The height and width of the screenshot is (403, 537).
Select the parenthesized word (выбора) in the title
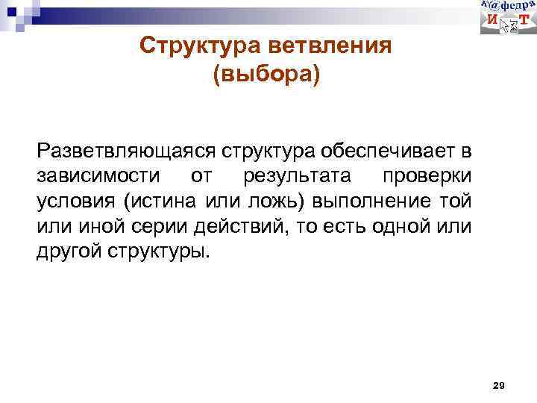[x=266, y=75]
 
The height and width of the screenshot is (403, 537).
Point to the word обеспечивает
[x=387, y=152]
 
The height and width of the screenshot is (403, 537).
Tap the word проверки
[x=427, y=177]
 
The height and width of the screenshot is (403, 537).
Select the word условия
[x=78, y=201]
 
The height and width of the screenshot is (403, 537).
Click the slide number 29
[x=500, y=385]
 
